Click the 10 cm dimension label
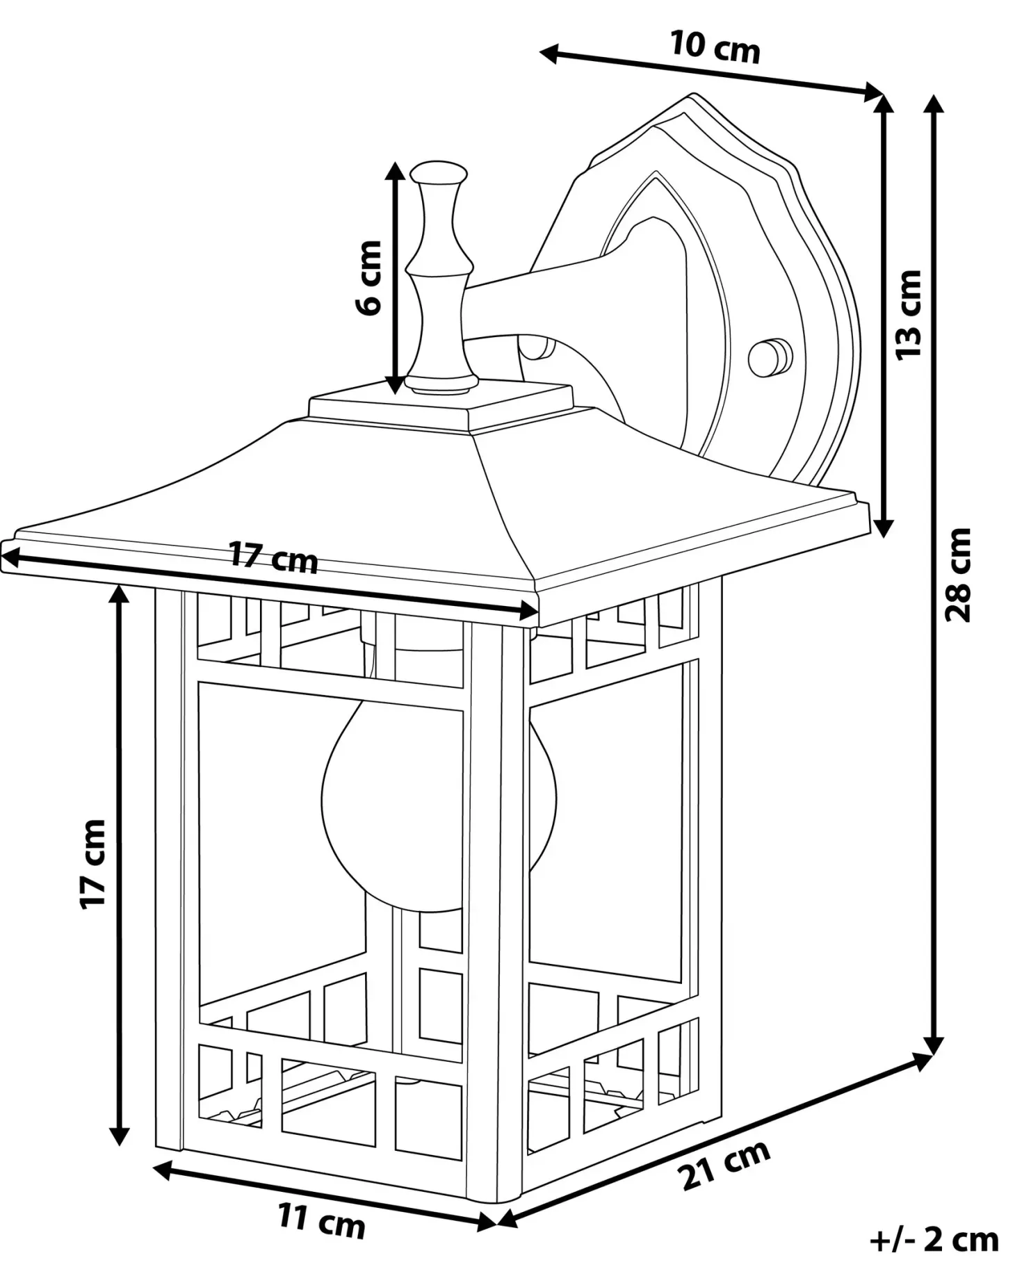click(715, 47)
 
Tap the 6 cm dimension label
click(369, 277)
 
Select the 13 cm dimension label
click(908, 314)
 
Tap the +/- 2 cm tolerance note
click(934, 1238)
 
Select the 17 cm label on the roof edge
click(274, 557)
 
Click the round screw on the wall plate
click(770, 357)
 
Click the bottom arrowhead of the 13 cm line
click(883, 527)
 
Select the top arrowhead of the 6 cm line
click(395, 172)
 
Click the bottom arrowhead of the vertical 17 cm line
click(120, 1133)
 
